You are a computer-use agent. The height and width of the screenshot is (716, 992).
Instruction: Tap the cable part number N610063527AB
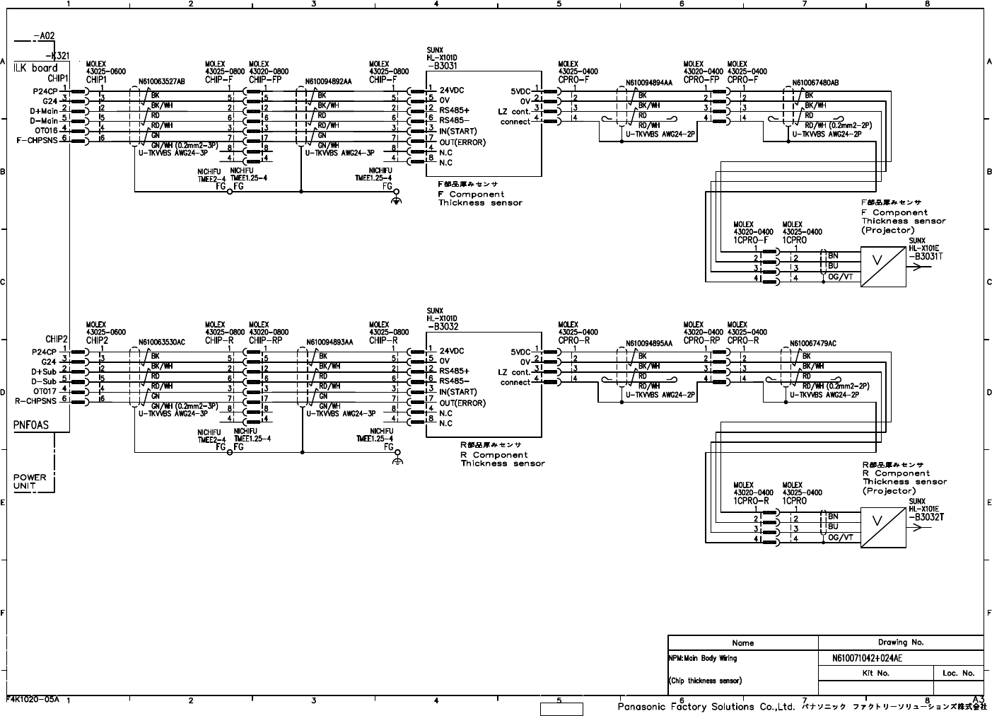point(162,81)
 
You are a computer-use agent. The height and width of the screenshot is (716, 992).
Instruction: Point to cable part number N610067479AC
point(813,344)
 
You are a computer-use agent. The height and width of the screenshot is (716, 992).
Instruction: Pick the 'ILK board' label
point(35,69)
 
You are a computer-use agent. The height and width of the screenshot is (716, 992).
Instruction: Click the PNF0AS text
point(32,425)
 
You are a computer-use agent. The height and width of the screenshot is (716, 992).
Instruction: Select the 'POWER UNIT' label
point(30,481)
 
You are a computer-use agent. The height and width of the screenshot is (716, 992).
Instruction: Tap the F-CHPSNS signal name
point(37,140)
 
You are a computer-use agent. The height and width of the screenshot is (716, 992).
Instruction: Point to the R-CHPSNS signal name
point(37,400)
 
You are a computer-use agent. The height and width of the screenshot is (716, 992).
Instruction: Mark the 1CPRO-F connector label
point(751,241)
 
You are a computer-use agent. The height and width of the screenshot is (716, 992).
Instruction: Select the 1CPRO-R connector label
point(751,501)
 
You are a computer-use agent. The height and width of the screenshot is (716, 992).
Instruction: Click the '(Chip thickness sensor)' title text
point(706,681)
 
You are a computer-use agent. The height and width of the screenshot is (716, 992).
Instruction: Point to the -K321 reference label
point(57,56)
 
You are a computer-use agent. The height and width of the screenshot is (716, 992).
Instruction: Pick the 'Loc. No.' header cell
point(958,673)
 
